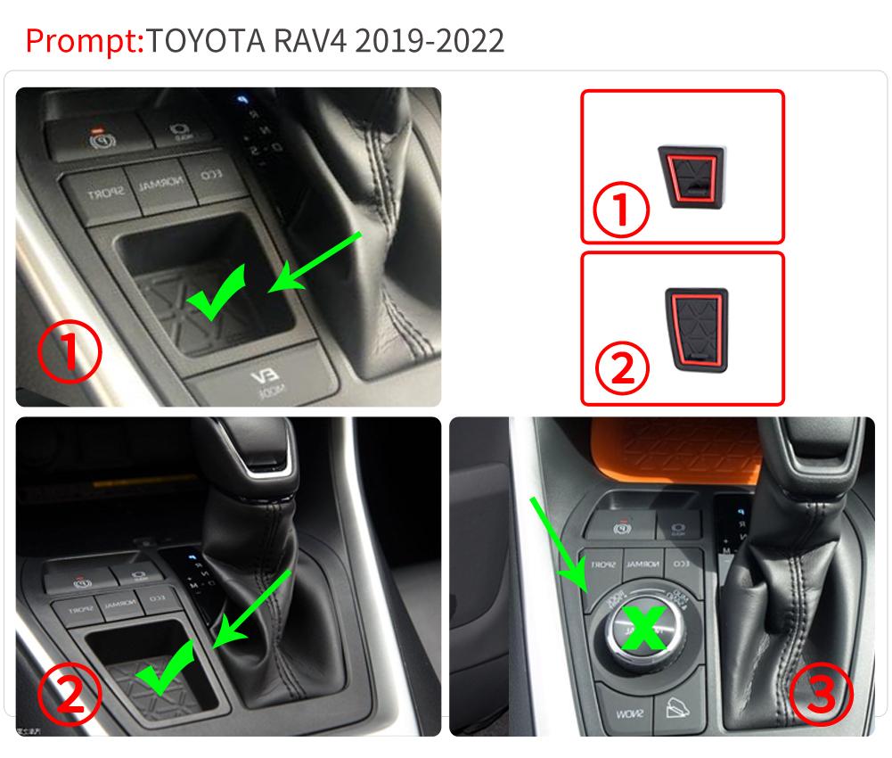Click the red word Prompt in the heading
click(x=84, y=40)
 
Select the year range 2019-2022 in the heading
click(x=430, y=40)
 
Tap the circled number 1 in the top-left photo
click(x=70, y=352)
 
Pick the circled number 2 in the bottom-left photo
click(x=70, y=695)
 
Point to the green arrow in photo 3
click(x=558, y=544)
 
